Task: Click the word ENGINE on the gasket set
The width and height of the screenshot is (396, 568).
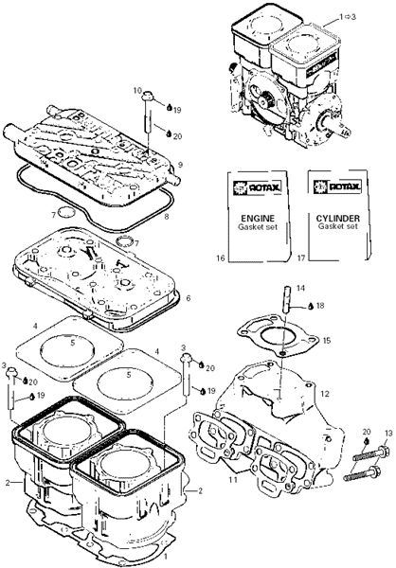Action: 258,219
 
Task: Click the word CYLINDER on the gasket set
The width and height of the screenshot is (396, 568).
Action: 338,219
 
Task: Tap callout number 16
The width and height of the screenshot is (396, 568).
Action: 221,257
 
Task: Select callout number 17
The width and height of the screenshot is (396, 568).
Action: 301,257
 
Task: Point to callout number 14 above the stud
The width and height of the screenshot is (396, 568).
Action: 300,289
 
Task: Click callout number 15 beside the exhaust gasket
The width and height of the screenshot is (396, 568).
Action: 327,341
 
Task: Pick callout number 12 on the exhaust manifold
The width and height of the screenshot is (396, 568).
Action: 325,394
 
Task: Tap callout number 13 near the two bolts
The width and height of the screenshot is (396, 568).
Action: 388,433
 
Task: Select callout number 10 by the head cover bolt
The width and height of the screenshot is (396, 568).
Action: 137,90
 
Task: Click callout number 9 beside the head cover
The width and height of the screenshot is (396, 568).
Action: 180,165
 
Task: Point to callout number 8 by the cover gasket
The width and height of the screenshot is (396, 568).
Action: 167,218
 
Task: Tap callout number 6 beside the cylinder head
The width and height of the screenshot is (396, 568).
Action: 188,298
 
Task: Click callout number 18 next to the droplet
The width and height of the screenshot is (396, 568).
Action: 320,306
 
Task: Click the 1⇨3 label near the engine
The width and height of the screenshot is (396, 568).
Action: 347,17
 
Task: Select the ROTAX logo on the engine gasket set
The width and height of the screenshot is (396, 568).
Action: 258,187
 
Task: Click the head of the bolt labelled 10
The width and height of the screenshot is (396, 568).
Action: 147,96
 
